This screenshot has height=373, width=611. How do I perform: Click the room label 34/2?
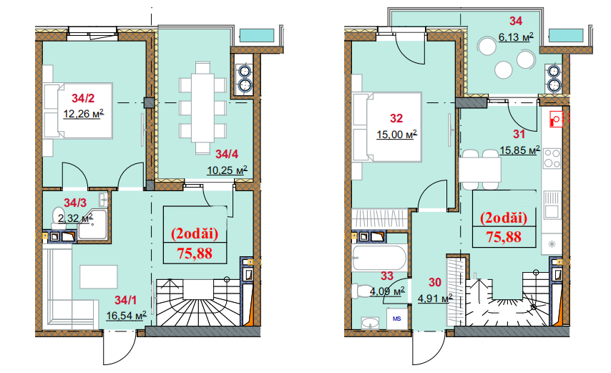coord(83,98)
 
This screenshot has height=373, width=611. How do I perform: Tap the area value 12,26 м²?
coord(84,114)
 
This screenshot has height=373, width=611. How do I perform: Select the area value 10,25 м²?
coord(228,170)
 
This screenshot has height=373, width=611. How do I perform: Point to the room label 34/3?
coord(75,203)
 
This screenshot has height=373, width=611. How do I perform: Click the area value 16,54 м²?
coord(126,315)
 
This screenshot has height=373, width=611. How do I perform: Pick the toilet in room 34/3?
coord(57,218)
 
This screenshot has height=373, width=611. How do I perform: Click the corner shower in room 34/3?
coord(92,225)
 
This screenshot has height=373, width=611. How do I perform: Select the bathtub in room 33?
coord(379,258)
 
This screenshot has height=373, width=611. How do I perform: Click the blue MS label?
coord(396,319)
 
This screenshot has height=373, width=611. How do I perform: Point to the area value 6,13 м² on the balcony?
coord(516,37)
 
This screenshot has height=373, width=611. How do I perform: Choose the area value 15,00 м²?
coord(396,135)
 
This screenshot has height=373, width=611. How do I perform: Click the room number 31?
coord(519,135)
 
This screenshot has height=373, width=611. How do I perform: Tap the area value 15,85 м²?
coord(520,150)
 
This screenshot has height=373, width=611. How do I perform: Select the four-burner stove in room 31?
coord(552,158)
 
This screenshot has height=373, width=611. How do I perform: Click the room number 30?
coord(435,283)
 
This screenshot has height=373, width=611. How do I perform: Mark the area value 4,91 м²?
coord(435,299)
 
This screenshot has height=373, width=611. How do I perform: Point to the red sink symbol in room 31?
coord(556,120)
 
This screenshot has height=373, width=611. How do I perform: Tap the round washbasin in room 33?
coord(370,323)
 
